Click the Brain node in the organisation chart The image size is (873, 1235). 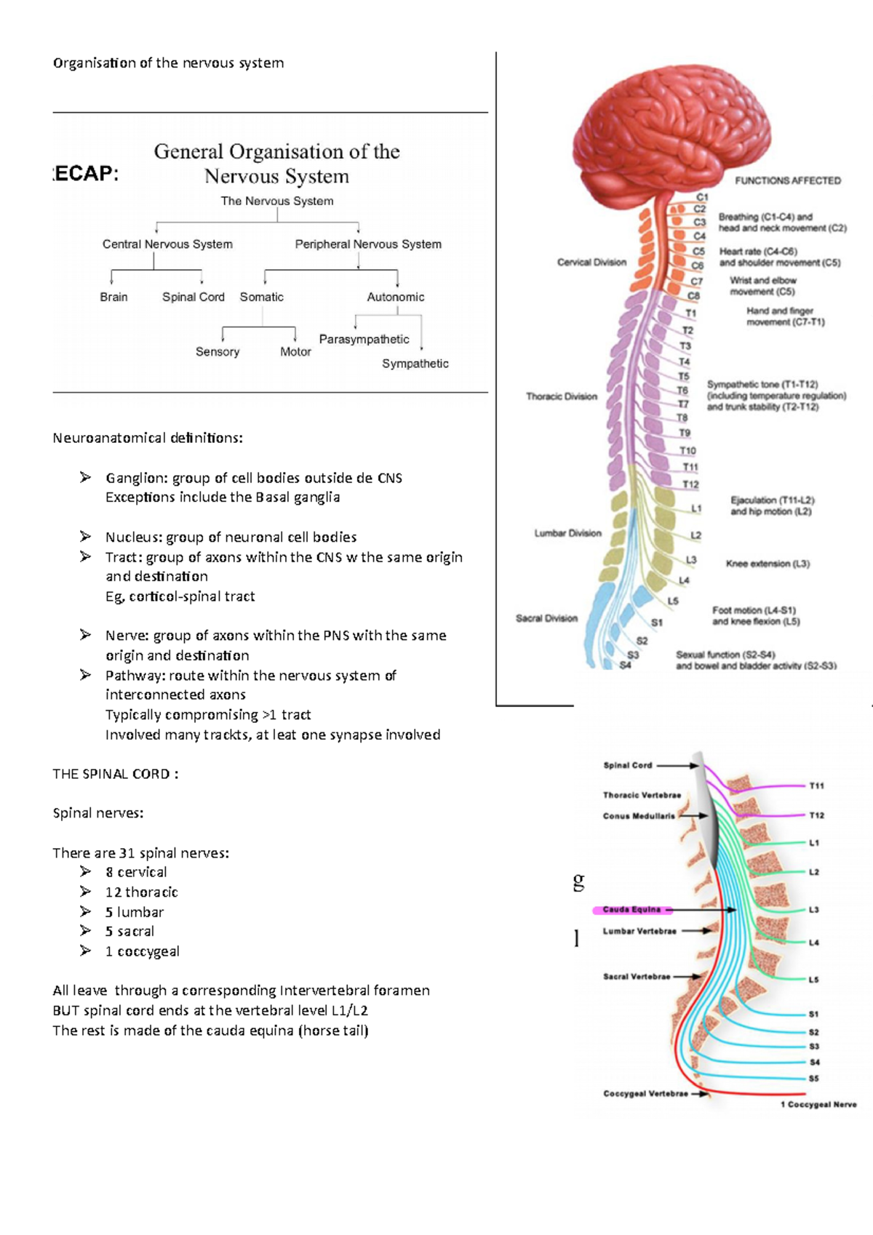pyautogui.click(x=113, y=297)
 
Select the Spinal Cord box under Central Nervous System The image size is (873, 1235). pyautogui.click(x=193, y=297)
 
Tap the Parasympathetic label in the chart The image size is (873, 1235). pyautogui.click(x=364, y=339)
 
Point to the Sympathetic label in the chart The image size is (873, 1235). pyautogui.click(x=415, y=364)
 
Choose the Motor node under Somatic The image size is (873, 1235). pyautogui.click(x=295, y=351)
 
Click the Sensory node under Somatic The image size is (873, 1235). pyautogui.click(x=217, y=351)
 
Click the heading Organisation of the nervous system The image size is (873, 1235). pyautogui.click(x=168, y=63)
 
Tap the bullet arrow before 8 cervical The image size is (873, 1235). pyautogui.click(x=86, y=871)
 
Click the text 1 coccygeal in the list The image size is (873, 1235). pyautogui.click(x=142, y=951)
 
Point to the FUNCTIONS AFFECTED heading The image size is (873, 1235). pyautogui.click(x=787, y=180)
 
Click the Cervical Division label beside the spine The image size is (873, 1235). pyautogui.click(x=591, y=263)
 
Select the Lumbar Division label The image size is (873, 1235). pyautogui.click(x=567, y=533)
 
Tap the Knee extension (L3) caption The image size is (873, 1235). pyautogui.click(x=768, y=564)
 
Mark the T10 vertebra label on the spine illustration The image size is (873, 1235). pyautogui.click(x=687, y=451)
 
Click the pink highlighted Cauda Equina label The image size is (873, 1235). pyautogui.click(x=631, y=910)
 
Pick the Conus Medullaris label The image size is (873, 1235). pyautogui.click(x=638, y=816)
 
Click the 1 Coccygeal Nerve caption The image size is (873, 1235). pyautogui.click(x=818, y=1104)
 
